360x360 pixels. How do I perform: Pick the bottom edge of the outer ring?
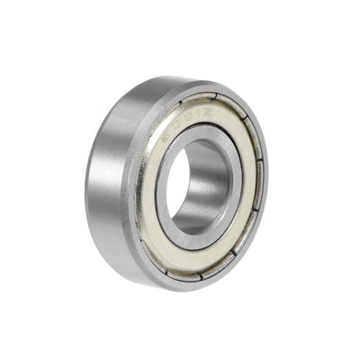pos(180,286)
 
